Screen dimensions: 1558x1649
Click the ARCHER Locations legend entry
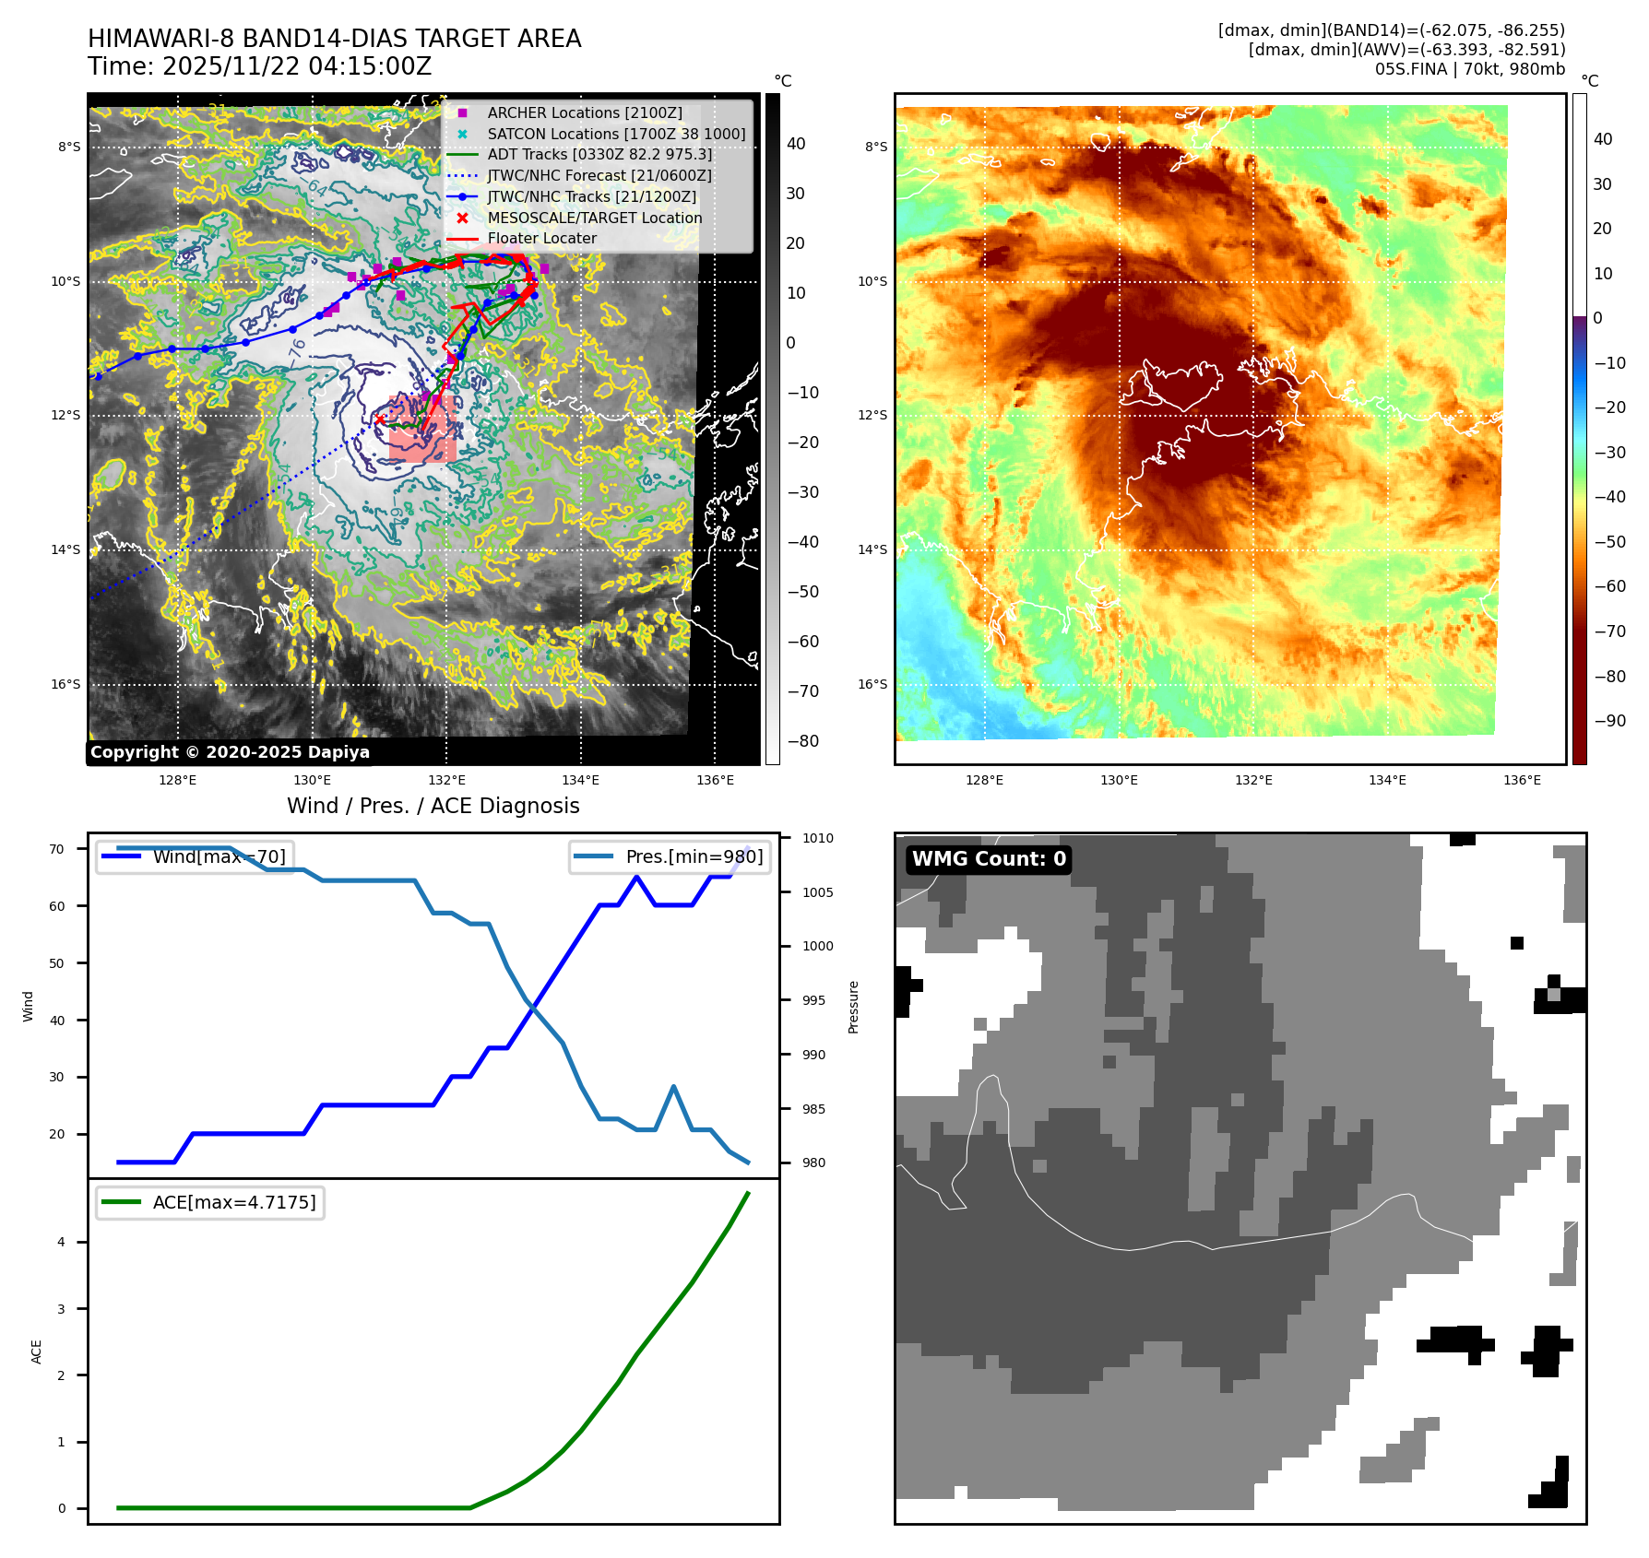[585, 112]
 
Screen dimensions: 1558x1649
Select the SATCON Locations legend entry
[616, 134]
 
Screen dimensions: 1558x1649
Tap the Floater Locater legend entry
[541, 238]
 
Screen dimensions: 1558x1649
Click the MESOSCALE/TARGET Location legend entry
[594, 218]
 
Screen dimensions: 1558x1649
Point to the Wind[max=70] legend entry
[219, 856]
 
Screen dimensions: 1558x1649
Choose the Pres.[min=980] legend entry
[694, 856]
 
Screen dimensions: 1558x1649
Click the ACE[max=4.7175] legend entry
[233, 1202]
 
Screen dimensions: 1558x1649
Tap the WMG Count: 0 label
[989, 859]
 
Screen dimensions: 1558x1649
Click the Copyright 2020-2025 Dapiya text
[230, 752]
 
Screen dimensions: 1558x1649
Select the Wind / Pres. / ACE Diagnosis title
[433, 806]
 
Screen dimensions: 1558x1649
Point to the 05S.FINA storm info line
[1469, 69]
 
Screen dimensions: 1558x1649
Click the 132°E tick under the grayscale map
[446, 780]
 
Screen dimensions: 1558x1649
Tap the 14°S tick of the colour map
[872, 549]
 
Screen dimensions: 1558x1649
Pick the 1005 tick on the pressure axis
[817, 892]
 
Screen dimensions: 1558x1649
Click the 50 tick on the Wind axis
[57, 963]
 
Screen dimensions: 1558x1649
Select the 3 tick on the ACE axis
[62, 1309]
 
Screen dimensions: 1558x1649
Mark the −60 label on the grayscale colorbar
[802, 642]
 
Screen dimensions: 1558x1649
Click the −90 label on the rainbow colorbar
[1609, 721]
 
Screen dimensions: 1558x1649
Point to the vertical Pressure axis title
[853, 1007]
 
